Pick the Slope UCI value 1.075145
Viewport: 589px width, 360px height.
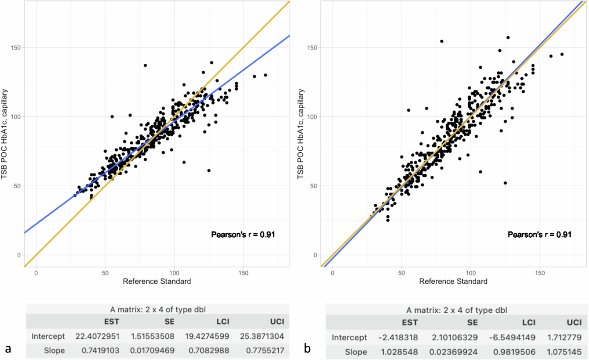click(565, 352)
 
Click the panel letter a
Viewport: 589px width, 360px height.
click(7, 349)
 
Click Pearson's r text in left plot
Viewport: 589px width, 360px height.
click(242, 235)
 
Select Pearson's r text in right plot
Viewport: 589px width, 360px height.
click(539, 235)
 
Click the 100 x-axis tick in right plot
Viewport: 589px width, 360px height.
click(471, 273)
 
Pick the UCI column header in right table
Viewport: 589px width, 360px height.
click(572, 323)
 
